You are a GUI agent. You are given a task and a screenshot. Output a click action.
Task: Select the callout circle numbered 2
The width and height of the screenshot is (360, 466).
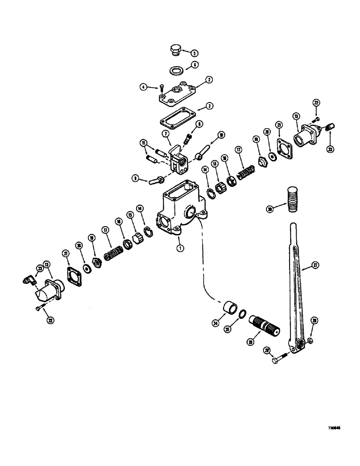[209, 80]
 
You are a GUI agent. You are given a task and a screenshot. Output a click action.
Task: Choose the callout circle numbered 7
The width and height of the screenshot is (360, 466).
[165, 134]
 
